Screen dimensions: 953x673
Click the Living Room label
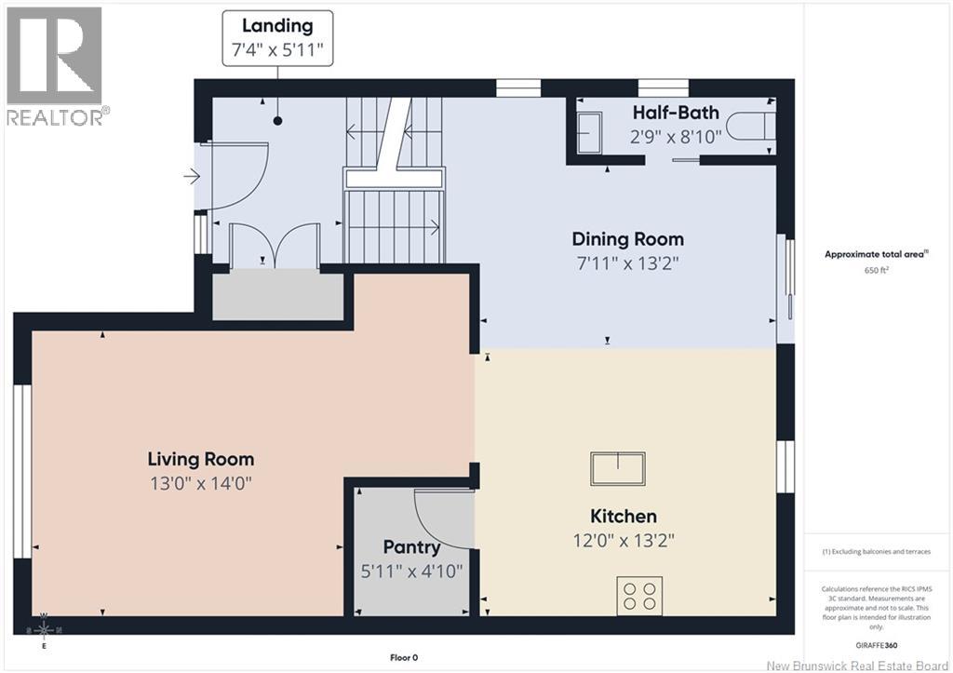[x=201, y=459]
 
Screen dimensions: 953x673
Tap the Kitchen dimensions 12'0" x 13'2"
[x=624, y=541]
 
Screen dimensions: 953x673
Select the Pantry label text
[x=411, y=547]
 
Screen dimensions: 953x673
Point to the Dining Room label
[x=628, y=239]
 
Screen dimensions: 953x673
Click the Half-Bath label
[x=676, y=113]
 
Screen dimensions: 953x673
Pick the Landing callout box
[x=277, y=37]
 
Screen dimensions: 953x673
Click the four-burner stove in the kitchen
[x=640, y=596]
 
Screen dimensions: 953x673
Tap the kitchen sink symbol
[x=618, y=468]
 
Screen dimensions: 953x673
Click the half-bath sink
[x=588, y=132]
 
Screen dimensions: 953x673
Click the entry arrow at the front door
[x=192, y=177]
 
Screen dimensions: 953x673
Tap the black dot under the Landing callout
[x=277, y=121]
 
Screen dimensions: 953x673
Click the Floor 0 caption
[x=404, y=657]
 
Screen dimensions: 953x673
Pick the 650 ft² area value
[x=877, y=270]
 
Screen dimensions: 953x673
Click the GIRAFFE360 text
[x=876, y=645]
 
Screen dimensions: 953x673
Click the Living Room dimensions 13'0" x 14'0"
[x=201, y=483]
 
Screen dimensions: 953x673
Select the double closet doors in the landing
[x=275, y=246]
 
